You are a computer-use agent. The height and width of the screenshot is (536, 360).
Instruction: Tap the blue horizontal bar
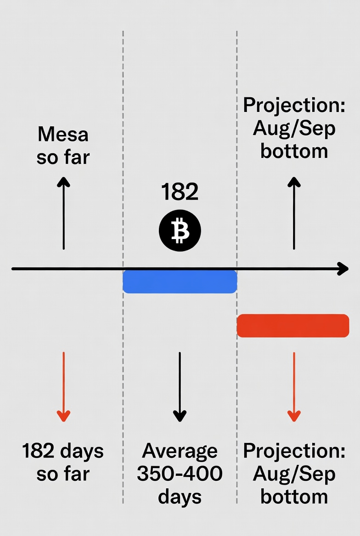tap(180, 281)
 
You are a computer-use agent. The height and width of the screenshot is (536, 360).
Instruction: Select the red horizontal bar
tap(293, 325)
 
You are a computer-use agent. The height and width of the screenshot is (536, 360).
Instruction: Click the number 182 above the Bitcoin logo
tap(180, 192)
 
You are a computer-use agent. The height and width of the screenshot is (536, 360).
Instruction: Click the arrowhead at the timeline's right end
tap(343, 268)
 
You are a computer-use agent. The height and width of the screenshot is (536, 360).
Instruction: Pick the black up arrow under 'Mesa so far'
tap(63, 213)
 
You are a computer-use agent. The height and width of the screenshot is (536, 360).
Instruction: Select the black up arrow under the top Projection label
tap(294, 213)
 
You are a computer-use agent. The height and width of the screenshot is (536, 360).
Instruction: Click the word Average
tap(180, 451)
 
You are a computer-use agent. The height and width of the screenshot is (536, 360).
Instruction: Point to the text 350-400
tap(180, 474)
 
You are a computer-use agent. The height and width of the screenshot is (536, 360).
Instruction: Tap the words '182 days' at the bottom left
tap(63, 451)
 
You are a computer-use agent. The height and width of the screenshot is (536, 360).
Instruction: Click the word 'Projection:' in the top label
tap(294, 105)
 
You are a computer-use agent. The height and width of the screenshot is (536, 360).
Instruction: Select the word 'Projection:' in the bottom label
tap(294, 451)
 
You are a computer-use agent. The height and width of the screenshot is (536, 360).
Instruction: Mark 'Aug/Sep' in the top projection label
tap(294, 128)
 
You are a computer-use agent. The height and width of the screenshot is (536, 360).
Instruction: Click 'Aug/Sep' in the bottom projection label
tap(294, 474)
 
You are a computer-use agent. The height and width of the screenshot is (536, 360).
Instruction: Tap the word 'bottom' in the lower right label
tap(294, 497)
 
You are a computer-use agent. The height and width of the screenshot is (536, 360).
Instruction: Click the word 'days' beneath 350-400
tap(180, 497)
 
